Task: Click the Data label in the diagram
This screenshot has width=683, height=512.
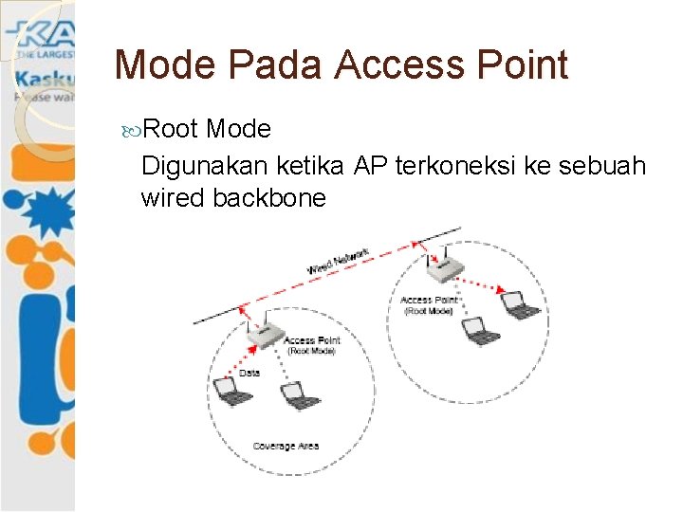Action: [249, 373]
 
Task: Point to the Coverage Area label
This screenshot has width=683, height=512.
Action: [286, 445]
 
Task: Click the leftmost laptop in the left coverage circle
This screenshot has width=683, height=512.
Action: [229, 392]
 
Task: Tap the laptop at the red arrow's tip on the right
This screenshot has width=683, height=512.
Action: [518, 304]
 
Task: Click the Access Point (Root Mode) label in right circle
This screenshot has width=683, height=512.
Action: [430, 305]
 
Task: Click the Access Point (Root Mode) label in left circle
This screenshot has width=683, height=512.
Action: [312, 345]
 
